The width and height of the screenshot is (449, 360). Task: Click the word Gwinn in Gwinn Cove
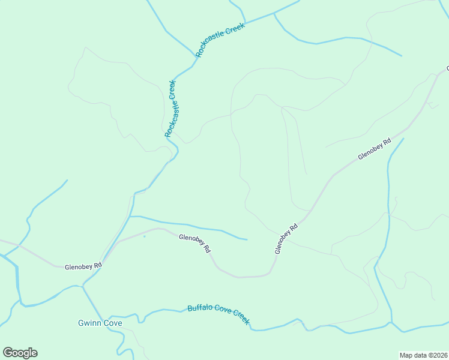pyautogui.click(x=89, y=323)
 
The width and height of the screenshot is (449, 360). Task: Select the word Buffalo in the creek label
pyautogui.click(x=199, y=308)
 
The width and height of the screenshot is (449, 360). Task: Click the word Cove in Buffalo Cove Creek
pyautogui.click(x=222, y=312)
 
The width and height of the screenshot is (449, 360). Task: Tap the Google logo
pyautogui.click(x=20, y=353)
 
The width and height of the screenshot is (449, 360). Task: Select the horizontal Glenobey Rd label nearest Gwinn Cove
pyautogui.click(x=83, y=266)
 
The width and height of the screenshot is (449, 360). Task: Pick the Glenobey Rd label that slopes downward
pyautogui.click(x=195, y=242)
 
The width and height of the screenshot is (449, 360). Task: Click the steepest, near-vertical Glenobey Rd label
pyautogui.click(x=286, y=239)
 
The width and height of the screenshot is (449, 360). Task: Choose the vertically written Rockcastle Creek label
pyautogui.click(x=172, y=109)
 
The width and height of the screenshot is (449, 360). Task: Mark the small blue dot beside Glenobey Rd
pyautogui.click(x=144, y=236)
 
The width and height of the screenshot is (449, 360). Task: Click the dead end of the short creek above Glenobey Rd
pyautogui.click(x=247, y=239)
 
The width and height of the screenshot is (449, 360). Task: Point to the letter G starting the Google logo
pyautogui.click(x=8, y=353)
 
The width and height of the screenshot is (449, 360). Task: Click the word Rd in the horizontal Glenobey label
pyautogui.click(x=97, y=265)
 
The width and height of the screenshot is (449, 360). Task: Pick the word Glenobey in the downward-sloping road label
pyautogui.click(x=191, y=240)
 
